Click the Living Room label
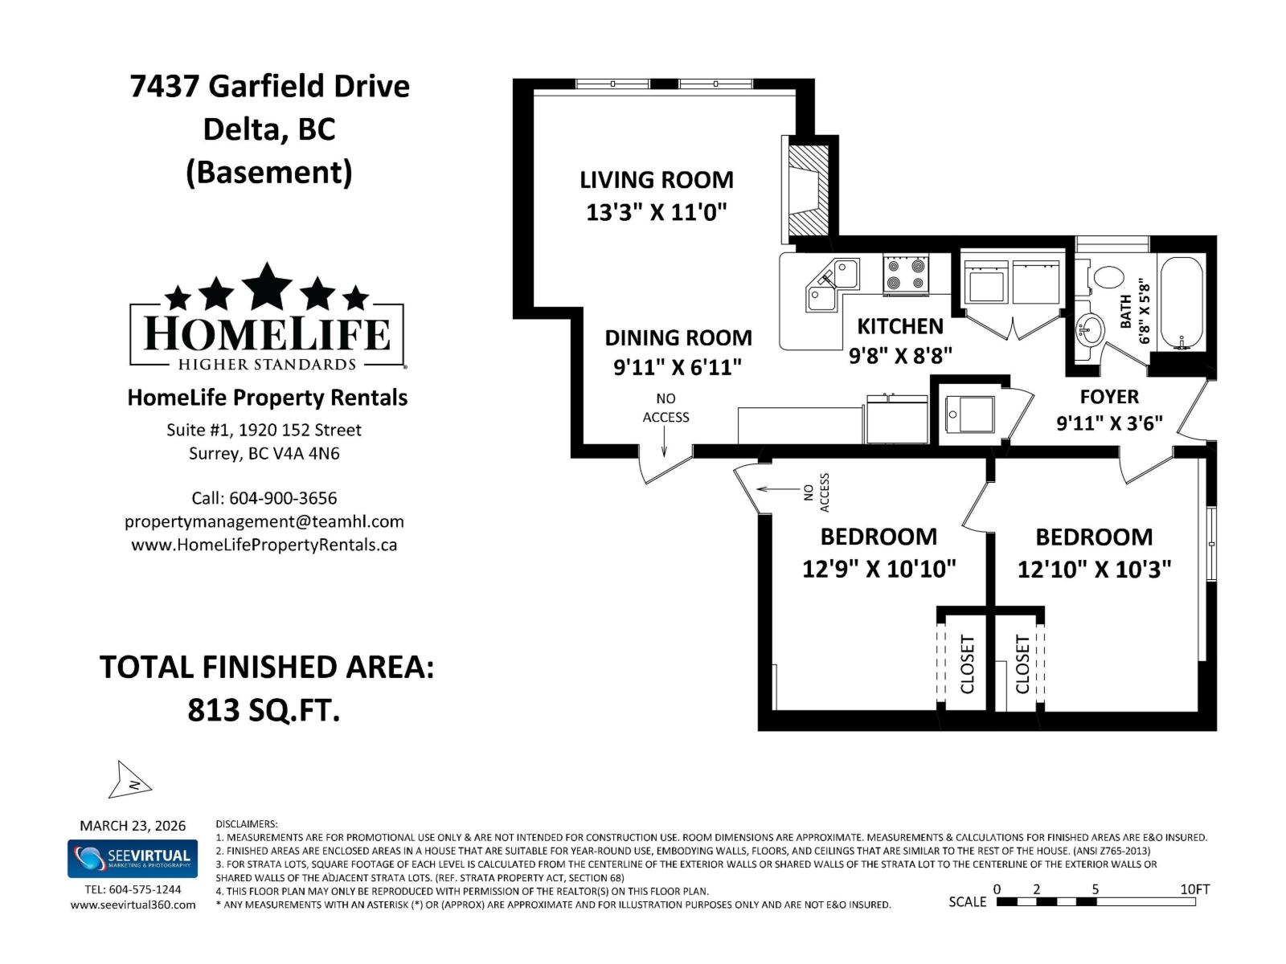(656, 180)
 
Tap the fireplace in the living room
(806, 191)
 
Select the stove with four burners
(906, 274)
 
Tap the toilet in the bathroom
(1107, 277)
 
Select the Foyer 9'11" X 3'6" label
(1109, 410)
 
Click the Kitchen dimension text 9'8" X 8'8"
(900, 355)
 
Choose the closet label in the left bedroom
(968, 664)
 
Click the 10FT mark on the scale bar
(1194, 889)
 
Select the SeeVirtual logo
(133, 859)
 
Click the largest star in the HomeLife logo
(267, 286)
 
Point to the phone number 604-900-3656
(283, 498)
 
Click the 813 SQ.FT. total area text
(264, 710)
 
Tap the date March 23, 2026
(133, 826)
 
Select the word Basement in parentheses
(269, 172)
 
